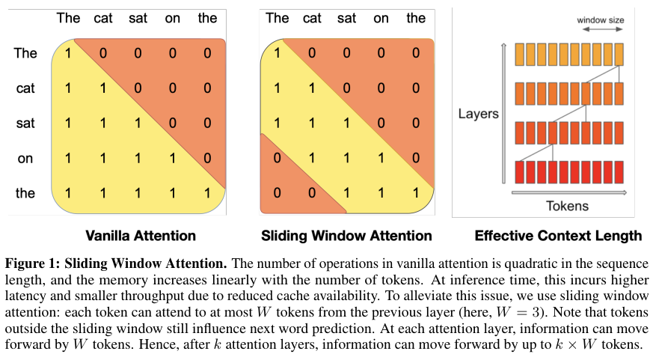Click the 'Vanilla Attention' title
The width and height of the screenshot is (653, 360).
pos(141,236)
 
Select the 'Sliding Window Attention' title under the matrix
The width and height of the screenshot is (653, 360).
pos(346,236)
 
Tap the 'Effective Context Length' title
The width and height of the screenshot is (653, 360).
pos(558,236)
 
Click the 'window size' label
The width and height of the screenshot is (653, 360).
pos(600,19)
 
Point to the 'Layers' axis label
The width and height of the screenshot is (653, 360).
pos(477,115)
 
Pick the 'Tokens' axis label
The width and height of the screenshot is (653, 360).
pos(567,206)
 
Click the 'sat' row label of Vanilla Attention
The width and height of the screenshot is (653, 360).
pos(25,123)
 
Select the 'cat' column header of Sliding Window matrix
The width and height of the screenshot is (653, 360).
pos(312,18)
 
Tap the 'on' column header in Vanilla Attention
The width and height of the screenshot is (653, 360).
pos(173,18)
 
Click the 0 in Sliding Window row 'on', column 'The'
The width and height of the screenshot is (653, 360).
pos(278,158)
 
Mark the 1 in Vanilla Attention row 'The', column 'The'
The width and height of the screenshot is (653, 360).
pos(68,53)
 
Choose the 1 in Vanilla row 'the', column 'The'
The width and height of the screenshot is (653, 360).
pos(68,193)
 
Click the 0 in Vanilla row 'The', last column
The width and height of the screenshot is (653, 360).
pos(207,53)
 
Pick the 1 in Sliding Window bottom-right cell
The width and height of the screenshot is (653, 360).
pos(416,193)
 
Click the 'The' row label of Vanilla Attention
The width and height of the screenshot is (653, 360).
pos(25,53)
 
